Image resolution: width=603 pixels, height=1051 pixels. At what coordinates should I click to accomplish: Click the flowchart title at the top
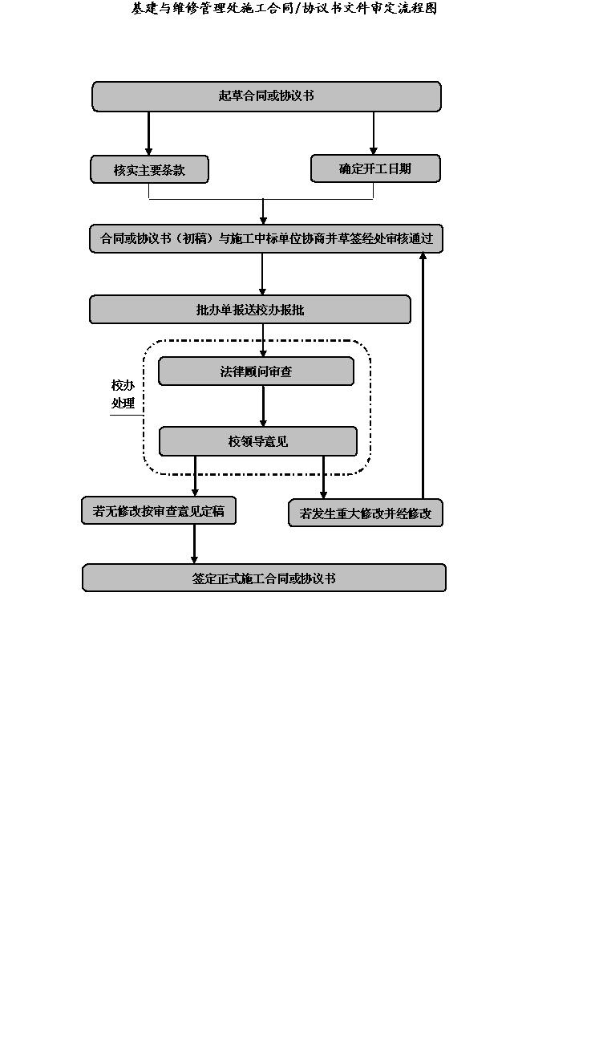284,8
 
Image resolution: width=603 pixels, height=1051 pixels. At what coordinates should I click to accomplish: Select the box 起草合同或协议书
266,96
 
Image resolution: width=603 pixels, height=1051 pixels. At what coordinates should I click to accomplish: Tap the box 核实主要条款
149,169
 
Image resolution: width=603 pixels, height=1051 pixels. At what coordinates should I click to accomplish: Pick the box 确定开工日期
375,168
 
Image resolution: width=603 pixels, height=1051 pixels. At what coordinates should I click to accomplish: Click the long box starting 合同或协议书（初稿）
266,239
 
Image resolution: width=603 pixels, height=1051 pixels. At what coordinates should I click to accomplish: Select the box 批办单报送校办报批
250,310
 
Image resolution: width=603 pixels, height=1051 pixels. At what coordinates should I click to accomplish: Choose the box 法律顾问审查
256,371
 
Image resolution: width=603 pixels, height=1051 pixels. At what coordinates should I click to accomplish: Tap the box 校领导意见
258,441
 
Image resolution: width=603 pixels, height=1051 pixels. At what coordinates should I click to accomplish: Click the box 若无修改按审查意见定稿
159,510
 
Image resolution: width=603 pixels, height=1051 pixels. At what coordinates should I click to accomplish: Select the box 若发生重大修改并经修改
366,513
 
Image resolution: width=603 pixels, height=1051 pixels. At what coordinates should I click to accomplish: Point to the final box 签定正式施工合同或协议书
264,578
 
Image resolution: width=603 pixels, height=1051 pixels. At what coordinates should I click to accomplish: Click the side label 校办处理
123,394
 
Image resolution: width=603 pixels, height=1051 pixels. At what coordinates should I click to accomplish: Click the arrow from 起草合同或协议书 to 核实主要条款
148,133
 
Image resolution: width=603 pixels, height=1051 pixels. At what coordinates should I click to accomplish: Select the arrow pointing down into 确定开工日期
373,133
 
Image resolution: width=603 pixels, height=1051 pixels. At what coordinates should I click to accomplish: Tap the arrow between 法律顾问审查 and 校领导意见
263,406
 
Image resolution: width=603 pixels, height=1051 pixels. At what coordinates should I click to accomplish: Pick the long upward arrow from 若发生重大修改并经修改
423,375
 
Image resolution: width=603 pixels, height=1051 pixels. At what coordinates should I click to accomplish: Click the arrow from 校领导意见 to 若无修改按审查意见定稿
195,477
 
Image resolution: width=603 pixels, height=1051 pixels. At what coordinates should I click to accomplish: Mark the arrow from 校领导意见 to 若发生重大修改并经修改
323,477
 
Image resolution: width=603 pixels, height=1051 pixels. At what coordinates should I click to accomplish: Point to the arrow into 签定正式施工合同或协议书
194,544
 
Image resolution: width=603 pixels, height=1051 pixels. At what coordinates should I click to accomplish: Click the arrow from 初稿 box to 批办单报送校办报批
262,274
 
